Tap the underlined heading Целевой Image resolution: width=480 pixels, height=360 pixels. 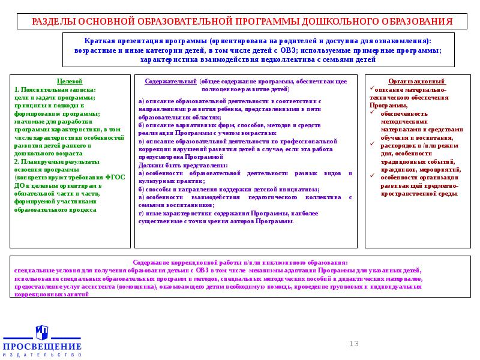(69, 81)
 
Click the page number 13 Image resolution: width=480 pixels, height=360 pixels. (353, 343)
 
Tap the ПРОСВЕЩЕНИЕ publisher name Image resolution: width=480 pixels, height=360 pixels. (42, 347)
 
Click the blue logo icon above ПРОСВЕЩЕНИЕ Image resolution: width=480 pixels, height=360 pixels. (41, 332)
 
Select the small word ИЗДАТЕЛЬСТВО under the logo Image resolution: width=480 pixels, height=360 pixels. (42, 355)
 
